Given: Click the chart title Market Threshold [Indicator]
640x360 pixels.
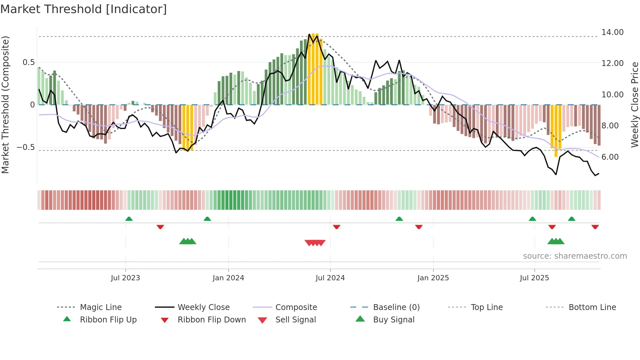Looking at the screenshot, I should point(84,9).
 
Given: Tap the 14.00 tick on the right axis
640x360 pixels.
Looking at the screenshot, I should point(612,32).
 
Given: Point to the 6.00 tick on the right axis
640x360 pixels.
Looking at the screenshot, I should point(610,157).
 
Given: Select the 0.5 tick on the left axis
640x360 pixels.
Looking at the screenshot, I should point(28,62).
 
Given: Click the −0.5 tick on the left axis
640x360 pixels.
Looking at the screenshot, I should point(26,147).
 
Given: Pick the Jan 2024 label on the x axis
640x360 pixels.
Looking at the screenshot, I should point(228,278).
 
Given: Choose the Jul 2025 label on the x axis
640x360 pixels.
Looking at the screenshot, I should point(534,278).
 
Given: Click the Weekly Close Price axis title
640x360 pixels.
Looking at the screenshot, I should point(634,105).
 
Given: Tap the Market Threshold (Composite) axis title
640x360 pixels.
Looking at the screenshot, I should point(5,105).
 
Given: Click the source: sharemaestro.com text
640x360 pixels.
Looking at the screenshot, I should point(575,256).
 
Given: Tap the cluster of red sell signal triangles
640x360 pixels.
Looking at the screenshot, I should point(315,243).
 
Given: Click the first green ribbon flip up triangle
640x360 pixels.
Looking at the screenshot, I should point(129,219).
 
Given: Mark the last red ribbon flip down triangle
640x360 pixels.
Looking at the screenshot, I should point(595,227).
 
